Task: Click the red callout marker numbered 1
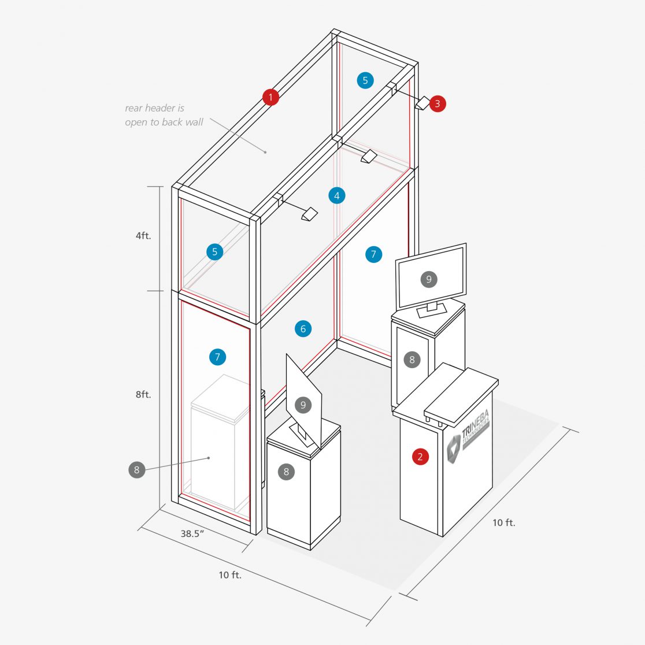(270, 97)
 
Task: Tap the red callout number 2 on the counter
(420, 457)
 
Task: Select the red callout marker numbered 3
(438, 104)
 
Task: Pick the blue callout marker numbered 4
(337, 196)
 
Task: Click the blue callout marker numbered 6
(303, 329)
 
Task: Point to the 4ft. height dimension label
(143, 236)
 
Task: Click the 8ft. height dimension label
(143, 395)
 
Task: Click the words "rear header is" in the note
(154, 108)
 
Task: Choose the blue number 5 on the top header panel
(365, 80)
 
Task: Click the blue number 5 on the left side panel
(214, 252)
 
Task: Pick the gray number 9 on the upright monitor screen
(429, 280)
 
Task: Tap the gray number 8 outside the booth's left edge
(137, 470)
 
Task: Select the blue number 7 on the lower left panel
(217, 357)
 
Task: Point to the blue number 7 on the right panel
(373, 254)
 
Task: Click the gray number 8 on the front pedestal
(286, 472)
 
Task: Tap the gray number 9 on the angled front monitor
(303, 405)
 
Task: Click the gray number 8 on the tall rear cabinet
(412, 359)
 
